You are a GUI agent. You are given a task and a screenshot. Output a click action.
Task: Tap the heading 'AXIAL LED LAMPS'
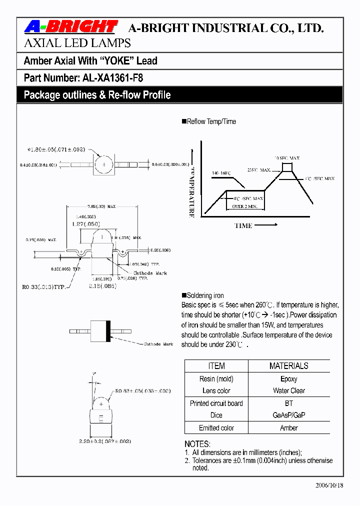coord(77,43)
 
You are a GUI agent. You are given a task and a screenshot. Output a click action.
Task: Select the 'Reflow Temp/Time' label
coord(211,121)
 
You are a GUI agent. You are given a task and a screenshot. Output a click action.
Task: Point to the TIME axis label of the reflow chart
coord(243,225)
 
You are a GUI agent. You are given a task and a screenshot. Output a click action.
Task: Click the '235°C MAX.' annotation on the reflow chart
coord(258,170)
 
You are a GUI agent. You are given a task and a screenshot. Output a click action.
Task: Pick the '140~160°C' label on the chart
coord(221,173)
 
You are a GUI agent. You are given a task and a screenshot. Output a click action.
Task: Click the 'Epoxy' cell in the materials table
coord(288,379)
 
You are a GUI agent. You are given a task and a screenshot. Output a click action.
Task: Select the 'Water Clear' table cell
coord(288,390)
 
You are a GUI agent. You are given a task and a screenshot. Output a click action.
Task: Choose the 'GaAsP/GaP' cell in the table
coord(288,415)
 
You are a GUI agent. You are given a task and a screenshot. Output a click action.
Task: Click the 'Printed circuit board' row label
coord(216,403)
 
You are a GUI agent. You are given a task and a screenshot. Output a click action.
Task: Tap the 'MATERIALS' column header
coord(288,366)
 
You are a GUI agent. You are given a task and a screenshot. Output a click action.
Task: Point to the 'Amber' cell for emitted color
coord(288,428)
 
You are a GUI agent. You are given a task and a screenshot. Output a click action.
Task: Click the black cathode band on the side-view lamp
coord(108,330)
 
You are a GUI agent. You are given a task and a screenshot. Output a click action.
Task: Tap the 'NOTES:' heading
coord(197,444)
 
